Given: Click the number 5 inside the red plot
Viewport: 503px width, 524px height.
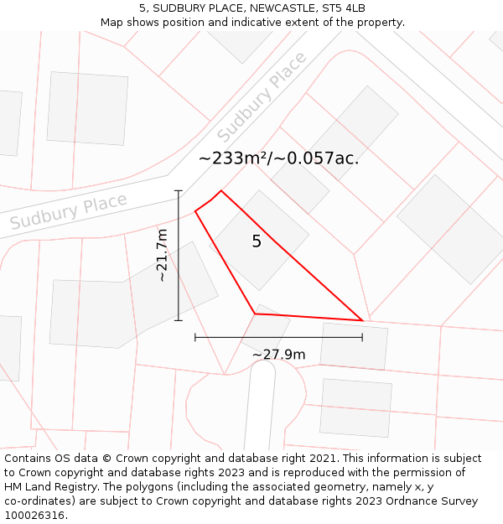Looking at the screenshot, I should point(257,241).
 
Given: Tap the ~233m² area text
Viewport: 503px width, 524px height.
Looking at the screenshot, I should point(232,158).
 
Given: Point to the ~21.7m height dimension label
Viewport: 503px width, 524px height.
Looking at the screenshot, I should point(162,255).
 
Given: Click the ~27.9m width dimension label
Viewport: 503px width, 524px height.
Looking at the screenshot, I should point(278,355).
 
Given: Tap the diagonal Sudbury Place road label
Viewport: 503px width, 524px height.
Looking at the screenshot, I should point(262,97).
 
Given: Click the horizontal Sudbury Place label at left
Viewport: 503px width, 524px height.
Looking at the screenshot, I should point(69,210).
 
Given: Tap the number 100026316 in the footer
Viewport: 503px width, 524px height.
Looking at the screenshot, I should point(34,515).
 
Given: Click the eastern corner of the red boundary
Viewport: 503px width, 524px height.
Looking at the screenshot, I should point(362,320).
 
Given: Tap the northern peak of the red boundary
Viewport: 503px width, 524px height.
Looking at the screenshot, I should point(220,190).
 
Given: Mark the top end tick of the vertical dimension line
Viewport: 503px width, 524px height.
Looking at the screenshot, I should point(178,191).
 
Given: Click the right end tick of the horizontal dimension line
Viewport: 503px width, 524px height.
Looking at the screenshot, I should point(362,337).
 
